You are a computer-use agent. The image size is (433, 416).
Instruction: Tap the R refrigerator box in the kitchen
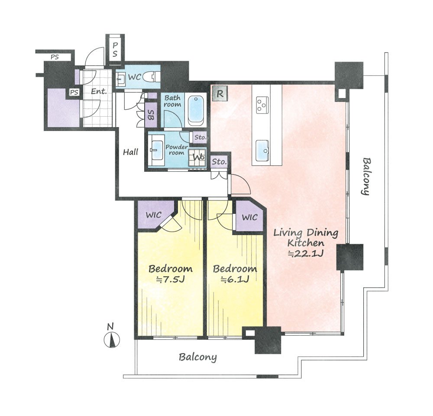[220, 94]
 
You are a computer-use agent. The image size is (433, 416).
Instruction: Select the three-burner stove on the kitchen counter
[262, 105]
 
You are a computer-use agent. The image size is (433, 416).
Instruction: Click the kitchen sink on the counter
[262, 151]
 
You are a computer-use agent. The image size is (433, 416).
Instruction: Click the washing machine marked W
[197, 157]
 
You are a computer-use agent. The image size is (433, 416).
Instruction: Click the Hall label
[130, 152]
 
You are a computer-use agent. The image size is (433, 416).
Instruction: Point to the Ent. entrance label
[99, 91]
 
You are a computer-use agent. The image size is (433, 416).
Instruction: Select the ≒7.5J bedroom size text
[170, 279]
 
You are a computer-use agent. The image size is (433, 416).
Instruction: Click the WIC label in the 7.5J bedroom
[154, 215]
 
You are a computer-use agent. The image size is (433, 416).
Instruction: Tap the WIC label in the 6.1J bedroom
[250, 217]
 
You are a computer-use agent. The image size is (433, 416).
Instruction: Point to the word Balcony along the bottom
[197, 357]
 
